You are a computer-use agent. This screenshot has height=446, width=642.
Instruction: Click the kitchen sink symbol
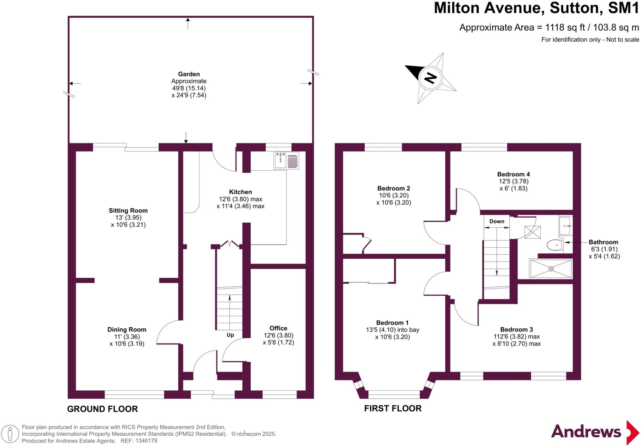click(x=286, y=161)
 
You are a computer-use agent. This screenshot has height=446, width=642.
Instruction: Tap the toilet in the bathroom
click(x=555, y=245)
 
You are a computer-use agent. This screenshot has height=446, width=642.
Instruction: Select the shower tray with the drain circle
click(x=551, y=269)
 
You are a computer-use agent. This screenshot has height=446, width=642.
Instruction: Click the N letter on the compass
click(x=431, y=78)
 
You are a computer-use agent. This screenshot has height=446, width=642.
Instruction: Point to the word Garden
click(x=189, y=74)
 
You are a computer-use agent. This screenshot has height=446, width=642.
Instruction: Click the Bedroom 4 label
click(x=513, y=174)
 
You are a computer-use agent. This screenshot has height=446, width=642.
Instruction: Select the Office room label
click(x=278, y=328)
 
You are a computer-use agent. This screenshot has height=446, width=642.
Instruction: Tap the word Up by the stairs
click(x=230, y=335)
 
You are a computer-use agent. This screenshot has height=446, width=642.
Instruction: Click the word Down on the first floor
click(x=497, y=221)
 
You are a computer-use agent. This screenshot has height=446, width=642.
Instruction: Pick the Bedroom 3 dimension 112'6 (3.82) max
click(x=516, y=336)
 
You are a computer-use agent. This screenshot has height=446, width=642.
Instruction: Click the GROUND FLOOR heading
click(x=102, y=409)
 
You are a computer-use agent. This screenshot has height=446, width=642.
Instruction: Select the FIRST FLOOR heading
click(x=392, y=408)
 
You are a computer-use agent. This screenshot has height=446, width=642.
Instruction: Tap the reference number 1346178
click(x=146, y=441)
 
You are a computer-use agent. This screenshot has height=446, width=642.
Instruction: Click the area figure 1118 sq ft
click(x=565, y=28)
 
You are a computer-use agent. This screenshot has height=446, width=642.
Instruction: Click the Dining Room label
click(x=127, y=329)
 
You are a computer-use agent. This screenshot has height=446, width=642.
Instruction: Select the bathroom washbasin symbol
click(x=566, y=226)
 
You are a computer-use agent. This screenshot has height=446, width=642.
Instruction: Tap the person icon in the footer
click(x=10, y=434)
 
